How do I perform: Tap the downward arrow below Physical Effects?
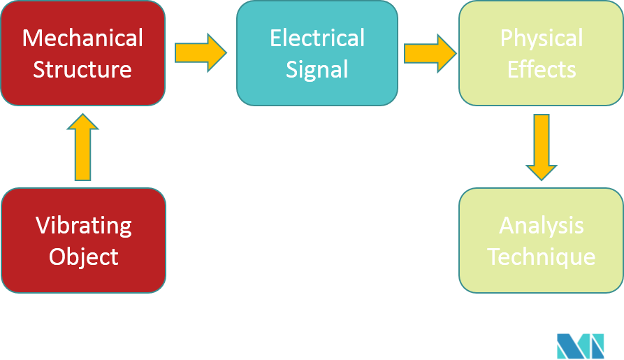pos(541,147)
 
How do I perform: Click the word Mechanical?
pos(82,38)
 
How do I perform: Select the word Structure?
pos(82,69)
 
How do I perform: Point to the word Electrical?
pos(317,38)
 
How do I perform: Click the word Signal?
pos(317,69)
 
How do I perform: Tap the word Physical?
pos(541,38)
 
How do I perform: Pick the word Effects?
pos(541,69)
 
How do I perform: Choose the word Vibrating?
pos(83,225)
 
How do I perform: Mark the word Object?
pos(83,256)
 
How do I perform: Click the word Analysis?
pos(541,225)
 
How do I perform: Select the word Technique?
pos(541,256)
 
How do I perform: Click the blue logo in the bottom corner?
pos(580,345)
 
